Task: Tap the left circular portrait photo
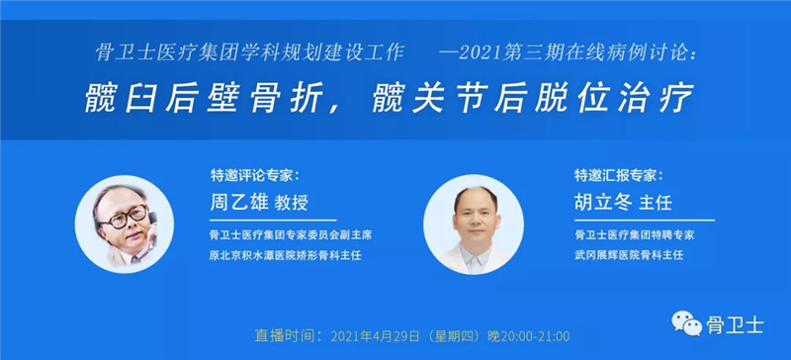point(125,223)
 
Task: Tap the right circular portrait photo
point(472,223)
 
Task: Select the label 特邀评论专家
point(252,175)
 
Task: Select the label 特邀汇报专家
point(618,175)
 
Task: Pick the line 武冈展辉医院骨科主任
point(629,255)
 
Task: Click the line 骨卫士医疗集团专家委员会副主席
point(289,235)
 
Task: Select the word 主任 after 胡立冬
point(657,204)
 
